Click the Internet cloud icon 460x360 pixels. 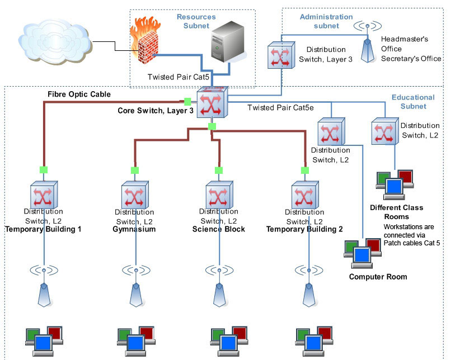[55, 42]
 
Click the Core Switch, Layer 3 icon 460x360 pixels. [212, 102]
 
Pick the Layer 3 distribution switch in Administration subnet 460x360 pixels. [281, 55]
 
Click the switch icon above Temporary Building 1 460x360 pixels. [44, 195]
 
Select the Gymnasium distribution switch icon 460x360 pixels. [135, 195]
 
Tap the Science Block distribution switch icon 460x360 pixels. [219, 195]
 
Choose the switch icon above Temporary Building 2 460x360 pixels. [305, 195]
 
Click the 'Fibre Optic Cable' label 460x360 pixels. [79, 94]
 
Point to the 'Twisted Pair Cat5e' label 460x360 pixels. [280, 107]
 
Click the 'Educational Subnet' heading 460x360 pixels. [413, 102]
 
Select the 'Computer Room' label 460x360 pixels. [378, 277]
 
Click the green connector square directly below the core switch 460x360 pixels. [212, 126]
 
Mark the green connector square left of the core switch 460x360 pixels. [187, 102]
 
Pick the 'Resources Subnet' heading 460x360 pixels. [196, 21]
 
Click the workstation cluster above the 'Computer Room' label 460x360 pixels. [363, 254]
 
